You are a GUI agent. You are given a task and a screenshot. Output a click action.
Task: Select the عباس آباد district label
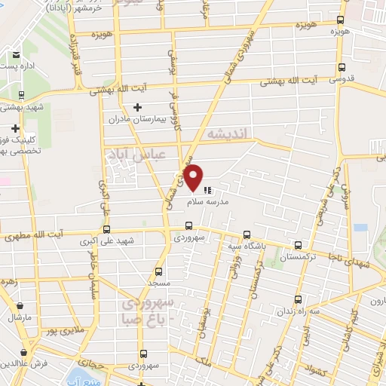(x=120, y=154)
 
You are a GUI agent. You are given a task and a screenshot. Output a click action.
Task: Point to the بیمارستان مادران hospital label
(x=138, y=120)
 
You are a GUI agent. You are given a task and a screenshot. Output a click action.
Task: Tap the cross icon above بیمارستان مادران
(x=137, y=108)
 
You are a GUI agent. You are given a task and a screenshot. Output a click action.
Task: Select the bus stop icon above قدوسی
(x=342, y=66)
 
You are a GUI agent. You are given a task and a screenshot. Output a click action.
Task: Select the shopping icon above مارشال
(x=20, y=305)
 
